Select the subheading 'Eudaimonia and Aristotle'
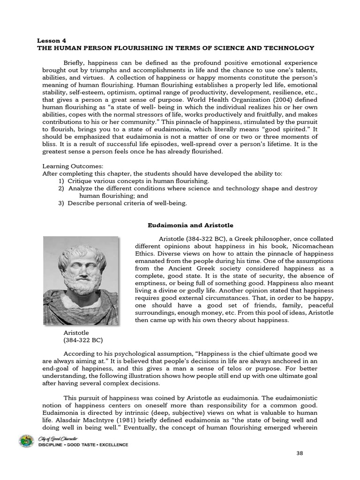pyautogui.click(x=191, y=225)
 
